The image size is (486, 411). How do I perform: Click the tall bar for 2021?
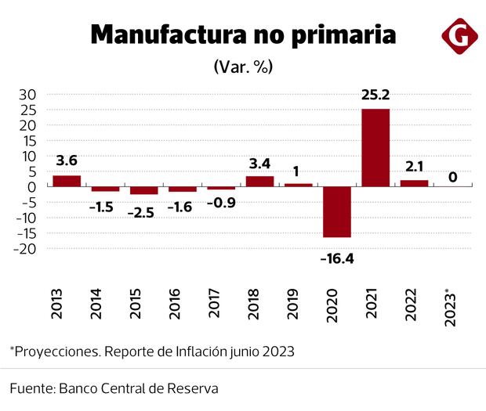[x=375, y=147]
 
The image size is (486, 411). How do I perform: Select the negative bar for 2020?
[x=337, y=211]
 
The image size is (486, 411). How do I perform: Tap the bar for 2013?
[x=67, y=181]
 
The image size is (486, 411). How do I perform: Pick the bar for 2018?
[x=259, y=182]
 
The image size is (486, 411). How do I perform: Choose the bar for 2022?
[x=414, y=183]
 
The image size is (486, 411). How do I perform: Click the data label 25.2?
[x=375, y=96]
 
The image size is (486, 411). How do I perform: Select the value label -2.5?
[x=143, y=212]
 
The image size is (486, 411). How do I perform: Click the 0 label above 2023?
[x=453, y=178]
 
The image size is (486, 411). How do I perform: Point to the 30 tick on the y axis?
[x=28, y=95]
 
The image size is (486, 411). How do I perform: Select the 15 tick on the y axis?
[x=28, y=141]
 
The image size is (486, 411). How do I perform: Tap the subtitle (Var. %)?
[x=242, y=67]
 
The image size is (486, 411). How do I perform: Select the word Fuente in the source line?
[x=32, y=388]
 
